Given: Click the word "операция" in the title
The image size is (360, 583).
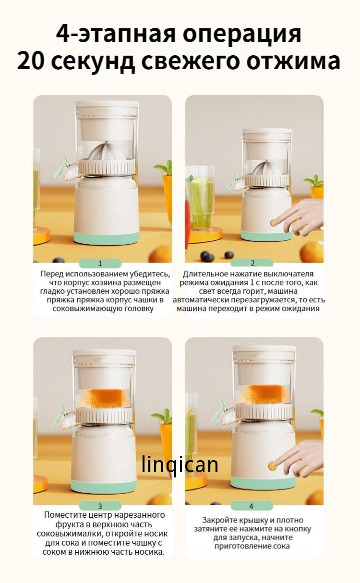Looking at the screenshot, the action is point(241,34).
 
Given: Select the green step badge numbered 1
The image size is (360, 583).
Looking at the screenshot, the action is point(100,263).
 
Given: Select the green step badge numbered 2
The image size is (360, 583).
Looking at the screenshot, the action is point(252,263).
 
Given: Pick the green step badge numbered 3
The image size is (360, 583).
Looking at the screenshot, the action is point(100,506).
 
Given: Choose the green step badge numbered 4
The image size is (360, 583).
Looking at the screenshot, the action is point(252,506).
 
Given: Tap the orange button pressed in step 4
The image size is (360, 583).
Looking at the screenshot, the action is point(272,465).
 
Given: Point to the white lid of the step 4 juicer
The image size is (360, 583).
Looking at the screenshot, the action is point(264,352).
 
